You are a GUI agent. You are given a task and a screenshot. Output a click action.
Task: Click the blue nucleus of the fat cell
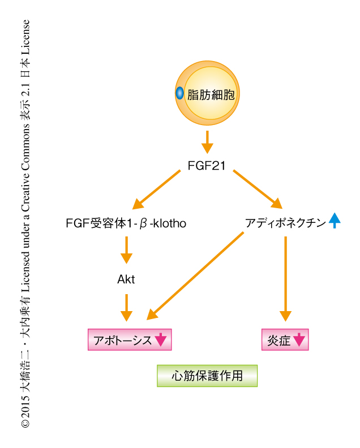180,93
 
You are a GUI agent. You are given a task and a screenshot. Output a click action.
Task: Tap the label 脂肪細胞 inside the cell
211,94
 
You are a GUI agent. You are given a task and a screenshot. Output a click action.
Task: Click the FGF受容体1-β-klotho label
126,224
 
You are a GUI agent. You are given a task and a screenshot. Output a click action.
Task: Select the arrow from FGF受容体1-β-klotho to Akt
126,249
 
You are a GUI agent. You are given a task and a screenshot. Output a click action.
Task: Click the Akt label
126,278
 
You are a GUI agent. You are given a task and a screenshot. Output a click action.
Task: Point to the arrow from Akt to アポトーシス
126,308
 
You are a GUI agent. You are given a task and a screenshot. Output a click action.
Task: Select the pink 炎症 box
285,340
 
